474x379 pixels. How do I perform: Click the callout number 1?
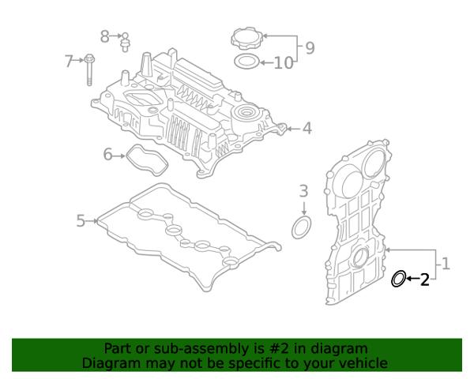(446, 264)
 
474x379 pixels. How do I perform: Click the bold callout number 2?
(424, 279)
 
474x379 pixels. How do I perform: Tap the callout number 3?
(303, 190)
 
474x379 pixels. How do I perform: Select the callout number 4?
(307, 128)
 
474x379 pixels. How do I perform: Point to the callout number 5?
(81, 220)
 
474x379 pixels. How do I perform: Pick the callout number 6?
(108, 155)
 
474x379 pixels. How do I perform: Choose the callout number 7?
(70, 60)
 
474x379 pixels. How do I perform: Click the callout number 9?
(310, 48)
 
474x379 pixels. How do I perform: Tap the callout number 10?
(283, 62)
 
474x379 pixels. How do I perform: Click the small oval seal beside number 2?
(399, 278)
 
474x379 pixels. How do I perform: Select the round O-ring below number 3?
(302, 228)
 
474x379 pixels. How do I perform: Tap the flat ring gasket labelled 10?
(246, 62)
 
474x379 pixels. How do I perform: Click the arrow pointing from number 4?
(292, 128)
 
